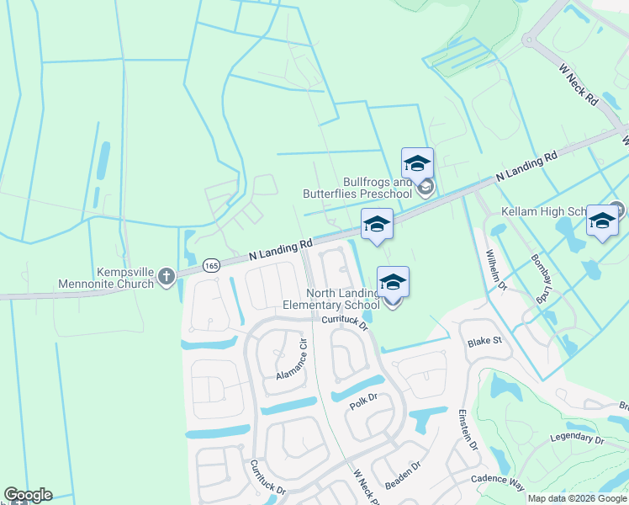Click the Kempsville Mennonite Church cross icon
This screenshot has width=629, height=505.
click(x=166, y=275)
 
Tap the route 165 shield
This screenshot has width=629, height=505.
click(x=211, y=264)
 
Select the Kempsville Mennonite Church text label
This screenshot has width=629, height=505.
click(x=106, y=277)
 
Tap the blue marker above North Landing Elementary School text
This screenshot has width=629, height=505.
click(x=393, y=283)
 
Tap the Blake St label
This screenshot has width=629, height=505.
click(x=484, y=342)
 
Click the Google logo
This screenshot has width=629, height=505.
click(x=28, y=495)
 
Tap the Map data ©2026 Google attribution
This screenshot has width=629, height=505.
click(x=577, y=498)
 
